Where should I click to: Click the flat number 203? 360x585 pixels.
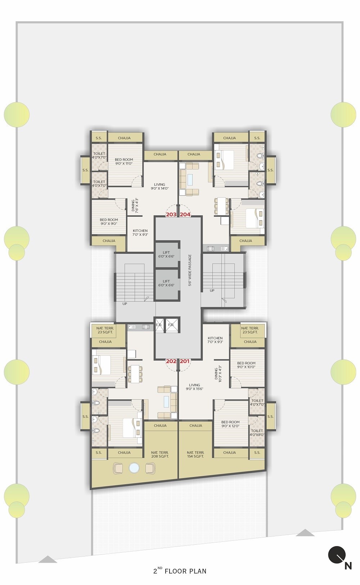pos(171,215)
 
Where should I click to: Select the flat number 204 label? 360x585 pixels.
pos(185,215)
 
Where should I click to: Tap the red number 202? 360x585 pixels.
pos(171,361)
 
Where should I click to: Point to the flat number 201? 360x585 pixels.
pos(185,361)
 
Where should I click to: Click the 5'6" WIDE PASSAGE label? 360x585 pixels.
pos(190,270)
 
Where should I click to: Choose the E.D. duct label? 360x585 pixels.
pos(159,325)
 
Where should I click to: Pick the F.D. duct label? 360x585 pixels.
pos(171,325)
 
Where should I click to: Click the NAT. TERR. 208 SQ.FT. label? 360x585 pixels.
pos(160,454)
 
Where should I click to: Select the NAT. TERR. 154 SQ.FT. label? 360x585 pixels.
pos(195,454)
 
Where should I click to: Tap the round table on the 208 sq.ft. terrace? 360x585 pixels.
pos(134,468)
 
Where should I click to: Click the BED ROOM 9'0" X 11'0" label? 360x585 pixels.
pos(124,161)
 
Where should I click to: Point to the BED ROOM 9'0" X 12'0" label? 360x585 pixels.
pos(230,424)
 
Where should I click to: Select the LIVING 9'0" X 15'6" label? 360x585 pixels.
pos(194,387)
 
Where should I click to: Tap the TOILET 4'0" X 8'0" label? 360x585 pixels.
pos(257,432)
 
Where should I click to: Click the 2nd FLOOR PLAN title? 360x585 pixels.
pos(180,571)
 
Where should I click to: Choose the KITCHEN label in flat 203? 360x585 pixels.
pos(140,233)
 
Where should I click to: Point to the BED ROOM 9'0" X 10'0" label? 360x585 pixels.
pos(246,365)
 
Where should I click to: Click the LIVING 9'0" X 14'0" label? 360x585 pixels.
pos(159,186)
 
